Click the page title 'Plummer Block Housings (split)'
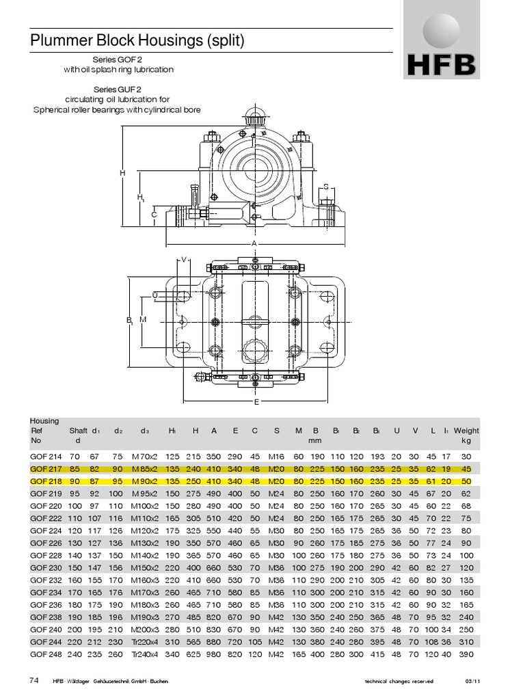coord(137,41)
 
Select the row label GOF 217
coord(45,469)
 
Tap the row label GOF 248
coord(45,654)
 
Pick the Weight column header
coord(467,431)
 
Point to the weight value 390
coord(467,654)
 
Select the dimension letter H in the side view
coord(123,173)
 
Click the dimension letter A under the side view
coord(253,243)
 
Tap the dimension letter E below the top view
coord(256,402)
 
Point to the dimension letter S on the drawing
coord(326,187)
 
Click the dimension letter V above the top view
coord(184,260)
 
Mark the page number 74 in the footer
coord(35,680)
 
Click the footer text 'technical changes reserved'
coord(400,682)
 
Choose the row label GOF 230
coord(45,567)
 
